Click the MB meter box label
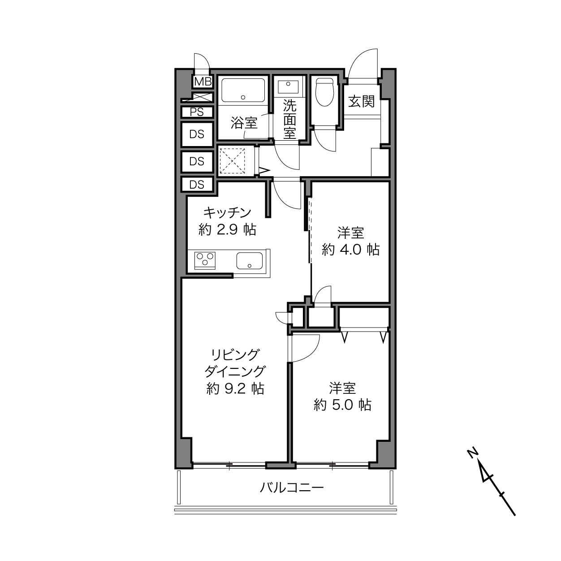(x=203, y=82)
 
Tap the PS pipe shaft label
(x=197, y=112)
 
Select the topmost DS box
(x=197, y=134)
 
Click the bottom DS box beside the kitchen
(x=197, y=185)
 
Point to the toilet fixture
(x=324, y=92)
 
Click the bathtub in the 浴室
(x=243, y=90)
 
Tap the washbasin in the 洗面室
(x=288, y=87)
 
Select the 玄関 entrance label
(x=362, y=102)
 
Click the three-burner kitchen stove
(x=205, y=261)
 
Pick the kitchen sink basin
(x=250, y=261)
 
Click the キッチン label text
(x=227, y=213)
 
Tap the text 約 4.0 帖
(x=350, y=250)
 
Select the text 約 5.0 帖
(x=342, y=405)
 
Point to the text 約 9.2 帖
(x=235, y=388)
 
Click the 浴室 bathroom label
(x=244, y=123)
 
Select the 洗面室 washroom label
(x=289, y=119)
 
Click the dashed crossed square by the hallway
(x=232, y=161)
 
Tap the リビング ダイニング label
(x=235, y=363)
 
